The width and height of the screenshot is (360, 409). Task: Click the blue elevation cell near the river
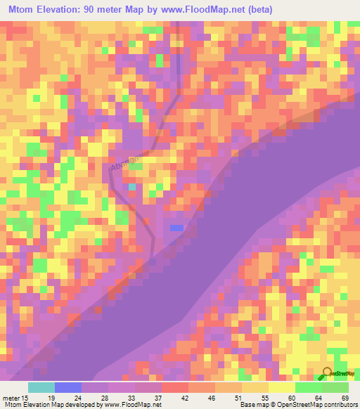(x=176, y=228)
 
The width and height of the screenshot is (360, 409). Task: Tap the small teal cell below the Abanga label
(x=132, y=188)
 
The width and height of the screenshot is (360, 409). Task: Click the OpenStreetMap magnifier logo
(x=328, y=375)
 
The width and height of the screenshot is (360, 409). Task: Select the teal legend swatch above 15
(x=41, y=387)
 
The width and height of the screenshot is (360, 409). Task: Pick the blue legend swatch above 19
(x=68, y=387)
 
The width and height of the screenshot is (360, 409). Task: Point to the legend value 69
(x=345, y=397)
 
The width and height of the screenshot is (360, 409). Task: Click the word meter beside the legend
(x=11, y=397)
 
